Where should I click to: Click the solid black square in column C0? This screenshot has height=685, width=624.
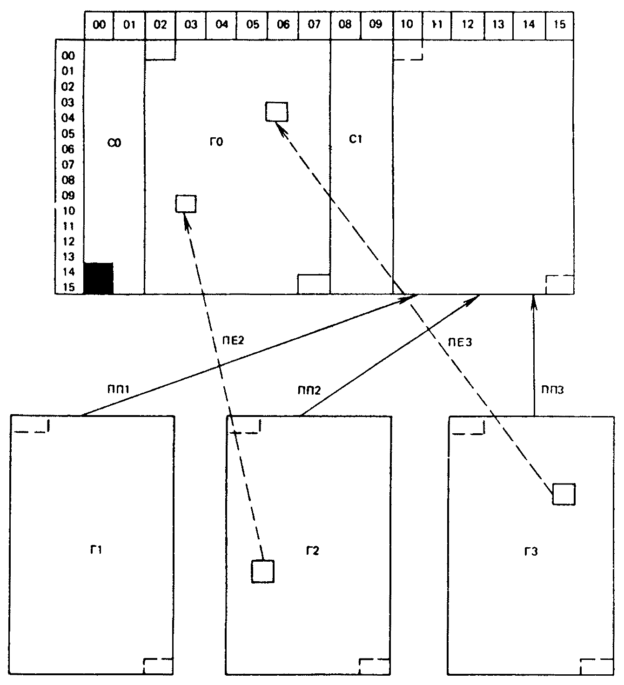(x=98, y=278)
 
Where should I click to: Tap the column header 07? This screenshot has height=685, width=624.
(x=314, y=24)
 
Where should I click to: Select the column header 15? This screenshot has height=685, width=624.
(x=559, y=24)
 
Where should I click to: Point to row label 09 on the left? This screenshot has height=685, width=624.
(x=68, y=195)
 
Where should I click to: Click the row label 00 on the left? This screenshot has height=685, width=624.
(x=68, y=56)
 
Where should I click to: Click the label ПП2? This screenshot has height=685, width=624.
(x=309, y=390)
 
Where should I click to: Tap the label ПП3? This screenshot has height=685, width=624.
(x=552, y=390)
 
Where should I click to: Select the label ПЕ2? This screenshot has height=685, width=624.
(x=233, y=341)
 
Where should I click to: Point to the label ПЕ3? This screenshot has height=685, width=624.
(x=460, y=342)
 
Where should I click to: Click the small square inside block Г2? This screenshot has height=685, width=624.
(x=262, y=571)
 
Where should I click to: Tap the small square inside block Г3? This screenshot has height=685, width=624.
(x=564, y=494)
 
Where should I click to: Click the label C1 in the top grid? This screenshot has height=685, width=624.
(x=355, y=139)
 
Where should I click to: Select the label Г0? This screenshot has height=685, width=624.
(x=216, y=141)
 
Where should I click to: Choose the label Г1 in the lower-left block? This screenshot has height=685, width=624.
(x=96, y=550)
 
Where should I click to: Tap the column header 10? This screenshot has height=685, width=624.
(x=406, y=24)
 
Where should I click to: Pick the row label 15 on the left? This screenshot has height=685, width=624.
(x=68, y=287)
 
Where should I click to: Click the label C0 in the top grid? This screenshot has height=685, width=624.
(x=114, y=143)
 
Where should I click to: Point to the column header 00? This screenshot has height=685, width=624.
(x=99, y=25)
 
